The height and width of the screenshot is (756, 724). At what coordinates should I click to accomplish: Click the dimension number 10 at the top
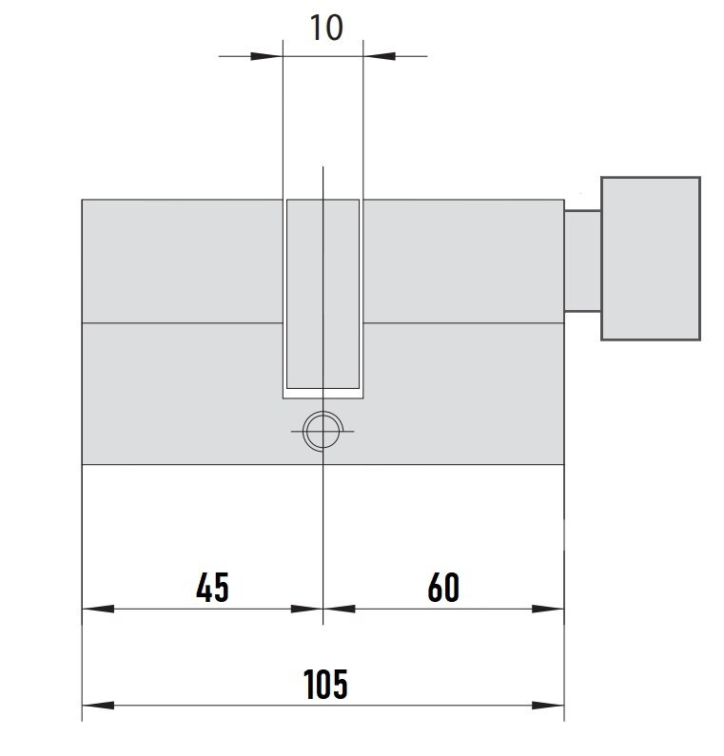326,28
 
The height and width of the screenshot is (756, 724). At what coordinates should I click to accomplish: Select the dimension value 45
212,588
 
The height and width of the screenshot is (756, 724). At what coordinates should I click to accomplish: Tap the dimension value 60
443,588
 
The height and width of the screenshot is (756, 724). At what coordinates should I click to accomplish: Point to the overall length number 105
325,684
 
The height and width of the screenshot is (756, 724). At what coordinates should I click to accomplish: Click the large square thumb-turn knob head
650,259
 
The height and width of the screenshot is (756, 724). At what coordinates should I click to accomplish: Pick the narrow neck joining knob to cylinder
582,261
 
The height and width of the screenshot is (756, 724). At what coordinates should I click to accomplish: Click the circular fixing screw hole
323,431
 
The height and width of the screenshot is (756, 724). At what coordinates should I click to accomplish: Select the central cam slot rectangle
323,294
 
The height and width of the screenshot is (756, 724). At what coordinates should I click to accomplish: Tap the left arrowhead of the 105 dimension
98,706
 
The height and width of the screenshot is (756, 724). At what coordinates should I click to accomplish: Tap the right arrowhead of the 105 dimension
547,706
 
